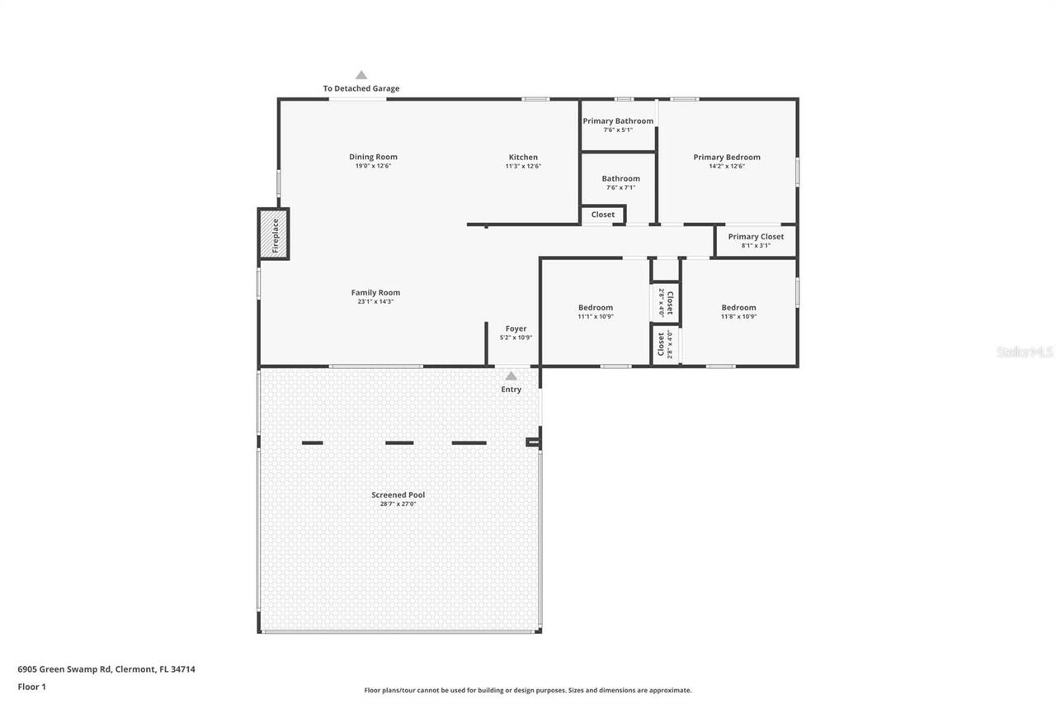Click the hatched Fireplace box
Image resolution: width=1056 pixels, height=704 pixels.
(273, 234)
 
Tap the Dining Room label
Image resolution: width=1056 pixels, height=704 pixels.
(373, 157)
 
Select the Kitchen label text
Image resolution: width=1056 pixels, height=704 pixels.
(523, 157)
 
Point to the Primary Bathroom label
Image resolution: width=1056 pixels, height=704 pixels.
(618, 121)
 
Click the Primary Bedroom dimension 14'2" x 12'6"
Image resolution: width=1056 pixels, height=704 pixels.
(727, 167)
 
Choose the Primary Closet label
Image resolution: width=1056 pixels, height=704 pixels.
(756, 237)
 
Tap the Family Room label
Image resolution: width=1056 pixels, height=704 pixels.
(375, 292)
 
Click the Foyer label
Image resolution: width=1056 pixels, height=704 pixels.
(516, 328)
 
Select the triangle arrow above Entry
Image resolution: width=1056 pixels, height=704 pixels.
(511, 376)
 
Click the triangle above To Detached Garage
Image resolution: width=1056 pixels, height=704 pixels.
(361, 75)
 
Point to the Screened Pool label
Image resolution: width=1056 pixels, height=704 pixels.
(398, 495)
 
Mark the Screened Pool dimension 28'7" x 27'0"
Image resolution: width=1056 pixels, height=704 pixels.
(398, 504)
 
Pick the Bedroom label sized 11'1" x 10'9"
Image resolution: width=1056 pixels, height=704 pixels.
(596, 308)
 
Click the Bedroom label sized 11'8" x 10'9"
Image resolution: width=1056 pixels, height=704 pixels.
(738, 308)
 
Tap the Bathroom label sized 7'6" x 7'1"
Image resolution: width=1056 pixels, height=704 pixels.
(620, 178)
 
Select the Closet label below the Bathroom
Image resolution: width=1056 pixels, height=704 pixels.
(603, 215)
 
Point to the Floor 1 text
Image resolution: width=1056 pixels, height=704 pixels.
(32, 686)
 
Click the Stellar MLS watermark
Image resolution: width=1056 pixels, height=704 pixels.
(1025, 352)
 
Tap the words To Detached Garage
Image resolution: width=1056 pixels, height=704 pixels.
(361, 88)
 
